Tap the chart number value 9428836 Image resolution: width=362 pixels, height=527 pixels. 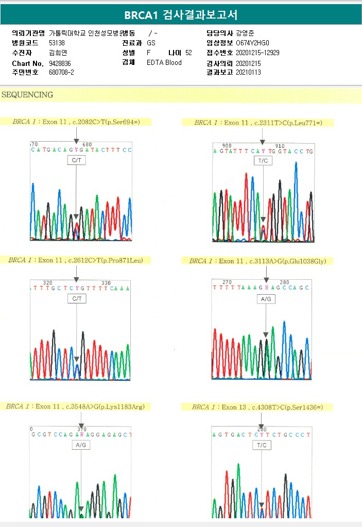pyautogui.click(x=60, y=63)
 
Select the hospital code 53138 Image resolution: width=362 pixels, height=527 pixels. pyautogui.click(x=57, y=43)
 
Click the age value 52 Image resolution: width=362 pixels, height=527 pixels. pyautogui.click(x=188, y=53)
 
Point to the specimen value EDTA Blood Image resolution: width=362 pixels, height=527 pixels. pyautogui.click(x=164, y=63)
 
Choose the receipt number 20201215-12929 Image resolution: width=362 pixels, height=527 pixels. pyautogui.click(x=257, y=53)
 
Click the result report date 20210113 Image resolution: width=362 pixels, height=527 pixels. pyautogui.click(x=248, y=72)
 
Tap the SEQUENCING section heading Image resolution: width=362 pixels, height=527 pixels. pyautogui.click(x=27, y=95)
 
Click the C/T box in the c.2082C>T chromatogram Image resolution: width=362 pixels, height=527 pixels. pyautogui.click(x=76, y=161)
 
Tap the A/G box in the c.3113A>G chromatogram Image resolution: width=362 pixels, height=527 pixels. pyautogui.click(x=266, y=299)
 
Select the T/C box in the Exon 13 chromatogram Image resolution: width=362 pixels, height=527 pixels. pyautogui.click(x=262, y=445)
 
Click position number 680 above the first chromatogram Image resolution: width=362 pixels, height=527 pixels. pyautogui.click(x=87, y=144)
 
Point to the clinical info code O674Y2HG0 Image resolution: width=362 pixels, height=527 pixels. pyautogui.click(x=252, y=43)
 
